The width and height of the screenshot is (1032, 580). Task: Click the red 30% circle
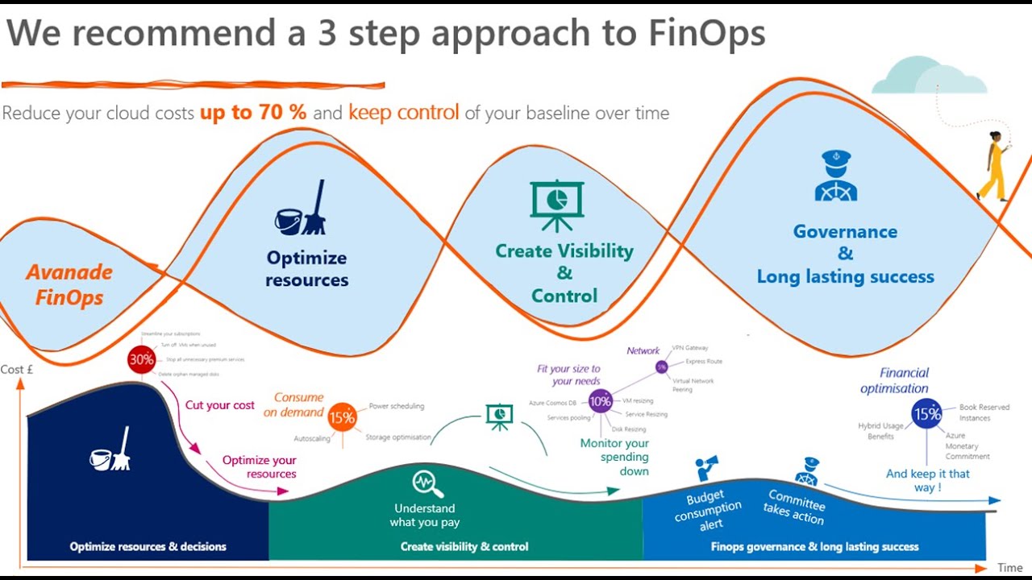[141, 360]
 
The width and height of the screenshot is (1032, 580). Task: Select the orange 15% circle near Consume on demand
[342, 417]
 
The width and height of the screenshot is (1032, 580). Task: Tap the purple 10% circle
[600, 400]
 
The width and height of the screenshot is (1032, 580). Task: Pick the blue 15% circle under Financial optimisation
[926, 414]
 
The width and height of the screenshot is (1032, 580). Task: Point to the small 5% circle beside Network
[661, 367]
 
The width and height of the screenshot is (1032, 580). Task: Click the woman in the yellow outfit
[993, 167]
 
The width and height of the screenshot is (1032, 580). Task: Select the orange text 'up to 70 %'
[253, 113]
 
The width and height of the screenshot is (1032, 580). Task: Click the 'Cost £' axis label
[17, 370]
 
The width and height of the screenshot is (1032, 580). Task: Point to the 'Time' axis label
[1009, 568]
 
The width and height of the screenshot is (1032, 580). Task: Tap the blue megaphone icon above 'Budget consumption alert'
[706, 468]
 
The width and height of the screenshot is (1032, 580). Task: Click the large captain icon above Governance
[835, 176]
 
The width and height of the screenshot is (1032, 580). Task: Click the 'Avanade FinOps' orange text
[69, 284]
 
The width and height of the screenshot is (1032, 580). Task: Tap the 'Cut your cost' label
[219, 405]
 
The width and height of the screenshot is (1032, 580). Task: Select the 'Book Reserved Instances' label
[984, 412]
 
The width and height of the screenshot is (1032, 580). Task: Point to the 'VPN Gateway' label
[689, 348]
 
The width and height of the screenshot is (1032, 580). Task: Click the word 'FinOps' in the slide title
[706, 35]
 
